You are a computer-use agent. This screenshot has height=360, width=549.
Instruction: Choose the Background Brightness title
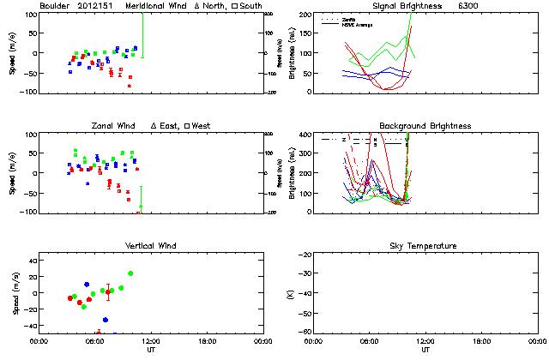(x=425, y=126)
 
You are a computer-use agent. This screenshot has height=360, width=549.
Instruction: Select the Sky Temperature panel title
(x=425, y=246)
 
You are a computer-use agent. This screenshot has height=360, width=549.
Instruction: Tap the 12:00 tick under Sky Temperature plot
(x=425, y=342)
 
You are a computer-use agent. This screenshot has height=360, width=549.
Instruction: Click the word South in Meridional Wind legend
(x=251, y=6)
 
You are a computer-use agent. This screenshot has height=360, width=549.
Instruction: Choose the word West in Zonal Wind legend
(x=202, y=126)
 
